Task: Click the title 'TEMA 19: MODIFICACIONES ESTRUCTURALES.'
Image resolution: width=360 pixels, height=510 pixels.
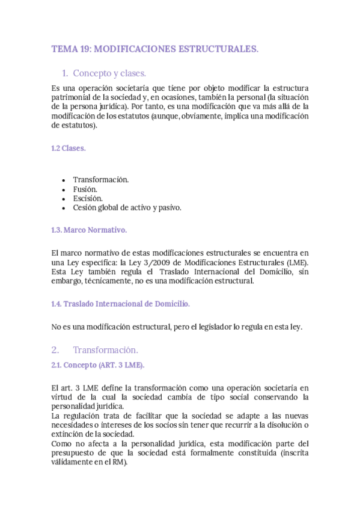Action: pyautogui.click(x=155, y=49)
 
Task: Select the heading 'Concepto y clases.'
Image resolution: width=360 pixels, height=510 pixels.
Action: pyautogui.click(x=109, y=74)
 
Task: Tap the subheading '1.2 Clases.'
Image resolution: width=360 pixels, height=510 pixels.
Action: pyautogui.click(x=69, y=149)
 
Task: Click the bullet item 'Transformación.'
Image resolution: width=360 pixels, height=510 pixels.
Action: pyautogui.click(x=101, y=180)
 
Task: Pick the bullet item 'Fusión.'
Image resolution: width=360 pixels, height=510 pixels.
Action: pyautogui.click(x=85, y=189)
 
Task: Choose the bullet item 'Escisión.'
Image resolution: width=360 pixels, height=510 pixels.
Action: pyautogui.click(x=88, y=198)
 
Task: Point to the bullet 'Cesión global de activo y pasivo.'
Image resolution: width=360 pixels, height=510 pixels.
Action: pyautogui.click(x=127, y=207)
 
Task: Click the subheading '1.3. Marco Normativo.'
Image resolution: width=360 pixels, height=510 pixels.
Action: pyautogui.click(x=89, y=230)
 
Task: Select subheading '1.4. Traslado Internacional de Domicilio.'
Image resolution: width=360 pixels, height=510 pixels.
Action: pyautogui.click(x=121, y=304)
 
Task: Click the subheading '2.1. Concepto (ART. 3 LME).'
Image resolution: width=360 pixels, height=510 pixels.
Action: pyautogui.click(x=98, y=364)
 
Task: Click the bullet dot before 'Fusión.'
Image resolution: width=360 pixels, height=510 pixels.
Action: pyautogui.click(x=64, y=189)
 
